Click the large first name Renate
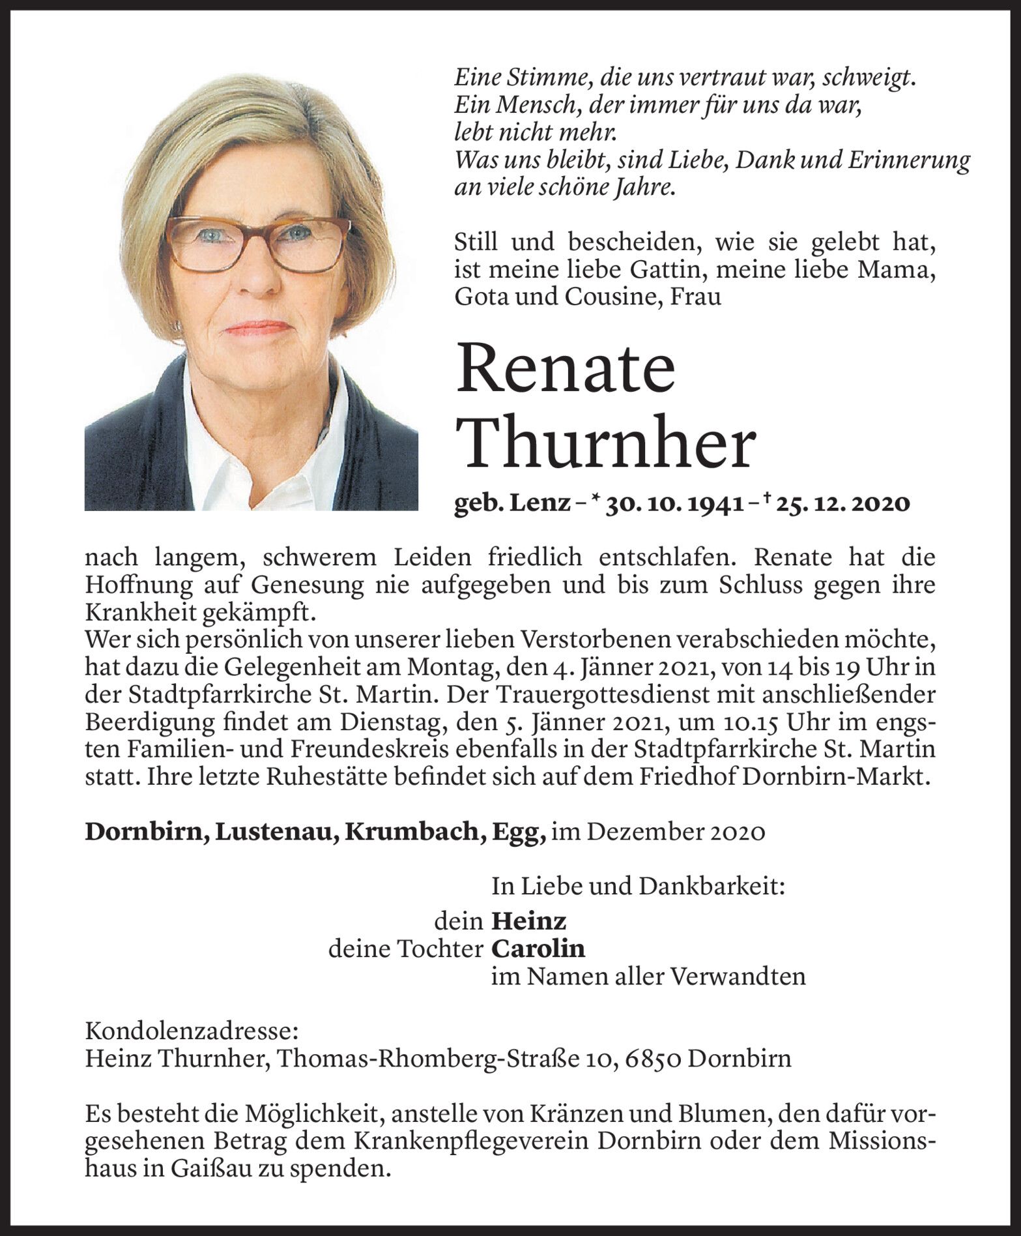(566, 368)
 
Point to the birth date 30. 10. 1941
(674, 503)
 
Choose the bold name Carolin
(538, 949)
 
